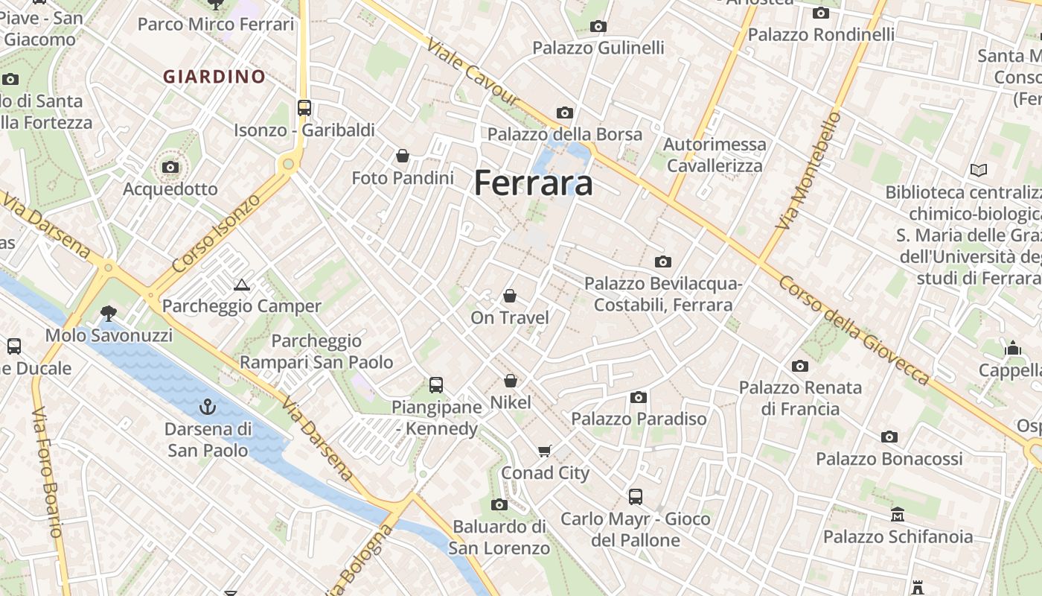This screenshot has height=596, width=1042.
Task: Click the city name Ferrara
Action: (533, 183)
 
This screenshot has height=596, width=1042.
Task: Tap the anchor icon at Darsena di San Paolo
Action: (207, 407)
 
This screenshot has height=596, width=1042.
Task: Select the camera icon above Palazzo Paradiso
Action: (638, 397)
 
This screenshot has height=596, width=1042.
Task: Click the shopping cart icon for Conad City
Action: (545, 451)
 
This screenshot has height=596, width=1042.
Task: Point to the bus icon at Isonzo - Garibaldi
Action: (304, 107)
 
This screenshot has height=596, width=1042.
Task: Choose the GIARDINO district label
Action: (214, 76)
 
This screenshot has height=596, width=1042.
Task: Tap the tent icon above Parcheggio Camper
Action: (241, 285)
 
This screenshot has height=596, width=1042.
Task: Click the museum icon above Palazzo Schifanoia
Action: (898, 515)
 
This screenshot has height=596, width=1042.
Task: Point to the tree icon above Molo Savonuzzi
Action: (109, 313)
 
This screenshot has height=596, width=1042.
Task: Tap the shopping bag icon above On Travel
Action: (510, 296)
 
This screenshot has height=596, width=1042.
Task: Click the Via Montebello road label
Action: (807, 171)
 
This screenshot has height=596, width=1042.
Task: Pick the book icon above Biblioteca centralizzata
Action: (978, 171)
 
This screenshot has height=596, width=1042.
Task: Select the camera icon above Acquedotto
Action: (170, 167)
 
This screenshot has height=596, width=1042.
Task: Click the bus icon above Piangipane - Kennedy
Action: (436, 385)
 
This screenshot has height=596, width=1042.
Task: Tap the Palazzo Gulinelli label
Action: (598, 48)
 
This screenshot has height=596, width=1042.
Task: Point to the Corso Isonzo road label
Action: (216, 232)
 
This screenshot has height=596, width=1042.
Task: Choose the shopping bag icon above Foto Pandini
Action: (403, 156)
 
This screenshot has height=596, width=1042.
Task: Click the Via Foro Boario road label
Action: (47, 473)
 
